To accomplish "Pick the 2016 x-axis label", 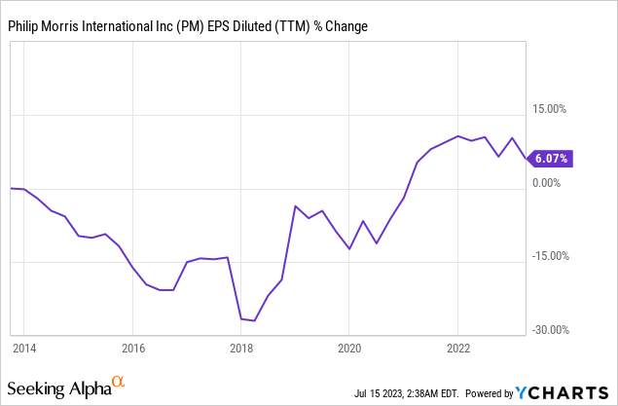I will pyautogui.click(x=133, y=347).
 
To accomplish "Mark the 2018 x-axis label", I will pyautogui.click(x=241, y=347).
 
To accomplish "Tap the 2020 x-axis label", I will pyautogui.click(x=350, y=347).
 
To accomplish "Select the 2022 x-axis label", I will pyautogui.click(x=458, y=347).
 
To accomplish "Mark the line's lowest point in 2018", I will pyautogui.click(x=254, y=320).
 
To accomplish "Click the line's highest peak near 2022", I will pyautogui.click(x=458, y=136).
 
